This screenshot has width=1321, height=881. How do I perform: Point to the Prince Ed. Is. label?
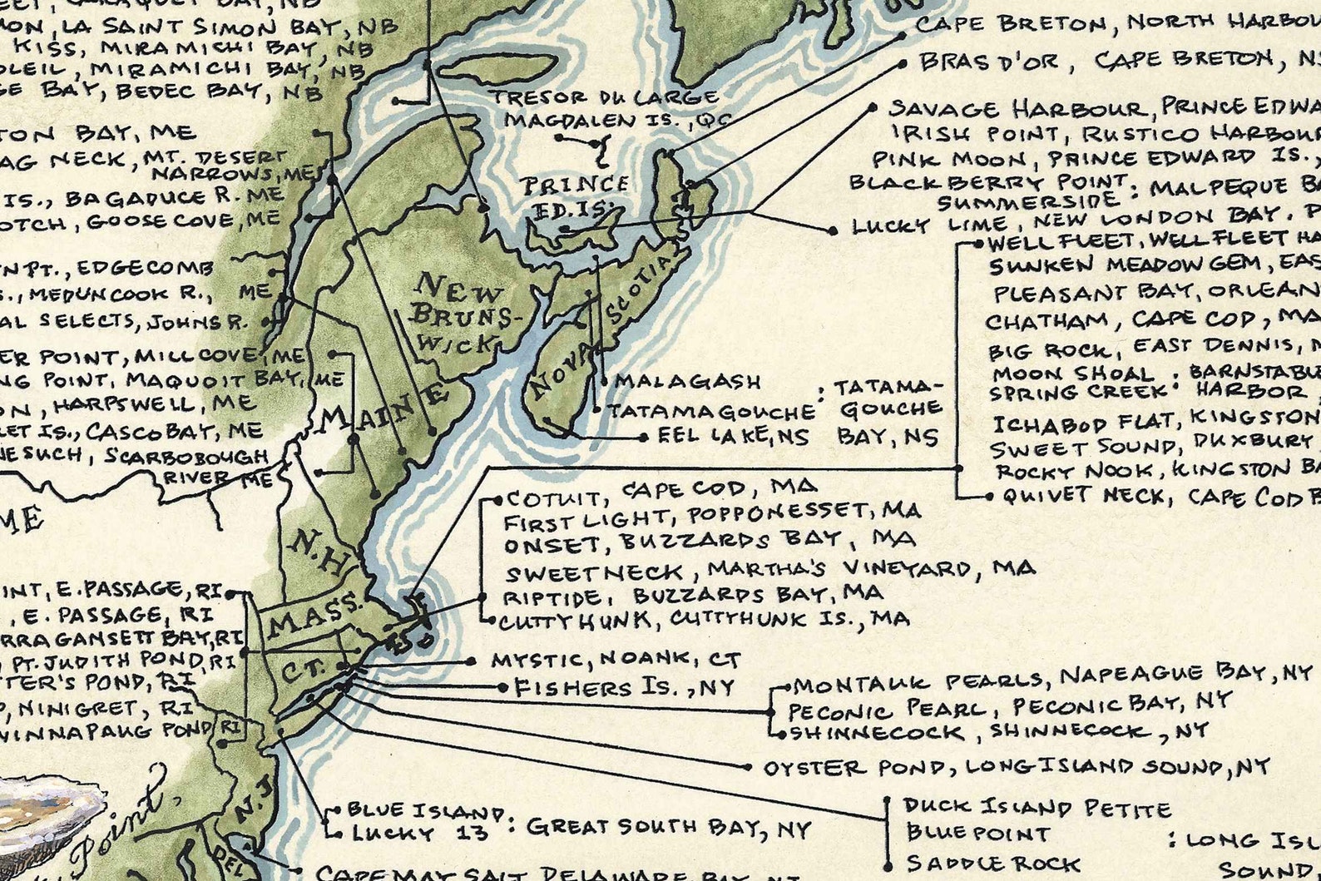pyautogui.click(x=574, y=195)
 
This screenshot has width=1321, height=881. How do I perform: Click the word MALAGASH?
pyautogui.click(x=687, y=382)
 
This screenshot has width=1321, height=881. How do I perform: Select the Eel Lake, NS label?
pyautogui.click(x=732, y=436)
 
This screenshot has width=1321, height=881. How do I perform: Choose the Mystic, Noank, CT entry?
pyautogui.click(x=615, y=661)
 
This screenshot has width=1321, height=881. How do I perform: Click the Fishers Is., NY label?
pyautogui.click(x=624, y=688)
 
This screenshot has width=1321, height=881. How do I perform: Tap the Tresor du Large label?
pyautogui.click(x=605, y=97)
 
